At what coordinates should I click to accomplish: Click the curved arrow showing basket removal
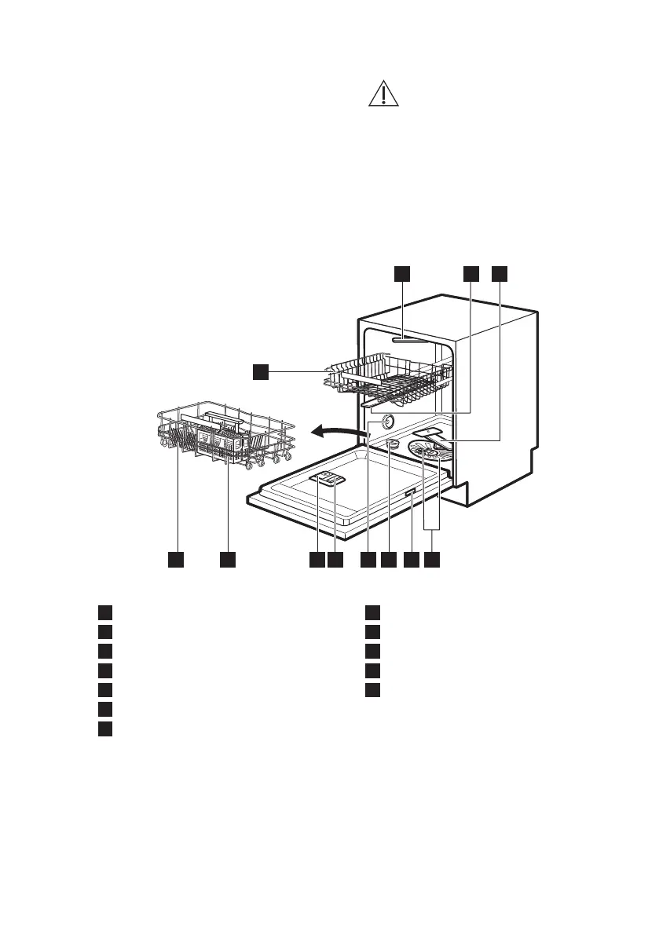(x=336, y=430)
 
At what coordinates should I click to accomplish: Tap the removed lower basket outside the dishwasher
(x=225, y=436)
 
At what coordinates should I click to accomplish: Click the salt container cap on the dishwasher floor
(x=392, y=445)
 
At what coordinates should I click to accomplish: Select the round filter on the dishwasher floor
(x=428, y=456)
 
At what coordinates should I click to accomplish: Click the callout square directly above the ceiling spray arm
(x=401, y=273)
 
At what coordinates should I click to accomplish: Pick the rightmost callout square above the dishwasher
(x=500, y=273)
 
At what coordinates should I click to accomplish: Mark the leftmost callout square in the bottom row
(x=176, y=559)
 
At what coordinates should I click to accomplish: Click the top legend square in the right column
(x=372, y=613)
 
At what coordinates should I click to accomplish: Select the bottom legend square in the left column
(x=104, y=729)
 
